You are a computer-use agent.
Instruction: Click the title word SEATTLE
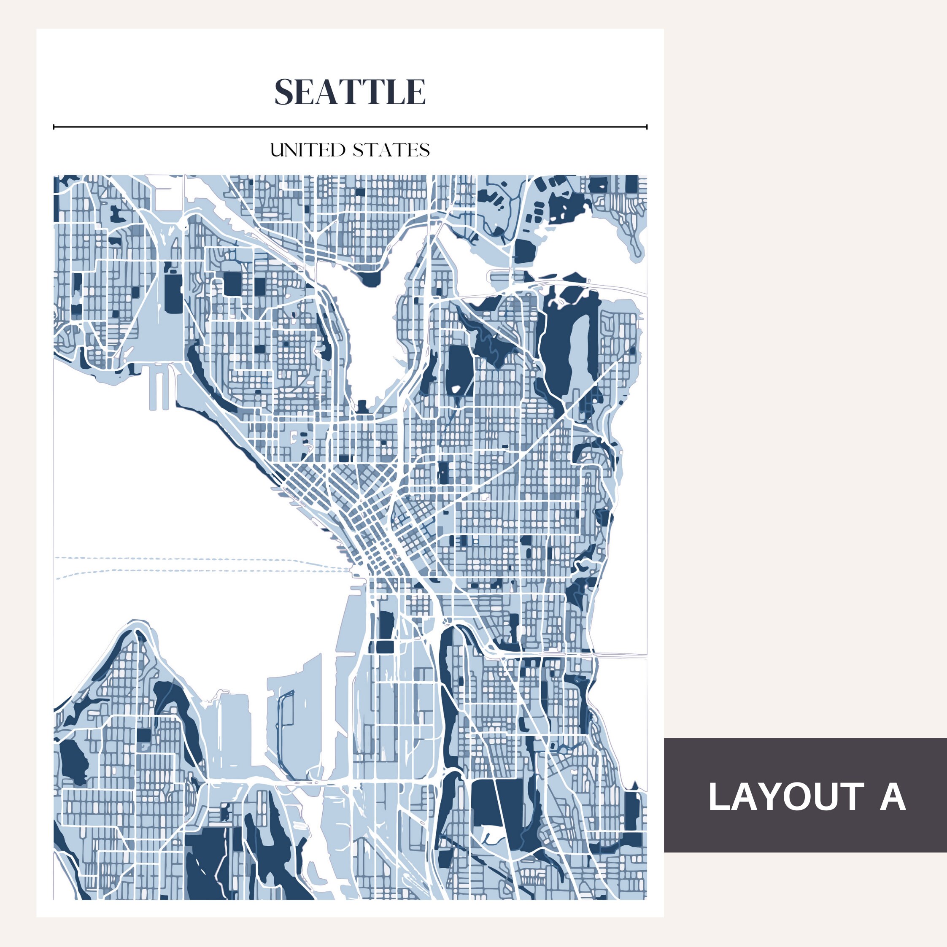pyautogui.click(x=350, y=92)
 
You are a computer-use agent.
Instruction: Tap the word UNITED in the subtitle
pyautogui.click(x=308, y=150)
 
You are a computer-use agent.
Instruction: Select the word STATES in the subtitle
pyautogui.click(x=391, y=150)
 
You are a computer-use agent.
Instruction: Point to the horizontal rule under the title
pyautogui.click(x=350, y=127)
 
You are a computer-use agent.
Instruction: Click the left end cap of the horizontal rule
pyautogui.click(x=54, y=127)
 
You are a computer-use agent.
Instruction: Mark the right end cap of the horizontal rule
pyautogui.click(x=647, y=127)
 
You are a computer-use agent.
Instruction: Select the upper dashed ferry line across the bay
pyautogui.click(x=196, y=558)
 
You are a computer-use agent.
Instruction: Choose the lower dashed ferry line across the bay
pyautogui.click(x=196, y=571)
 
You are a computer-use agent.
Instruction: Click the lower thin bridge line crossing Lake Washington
pyautogui.click(x=620, y=654)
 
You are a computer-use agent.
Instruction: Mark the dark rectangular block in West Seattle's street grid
pyautogui.click(x=143, y=735)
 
